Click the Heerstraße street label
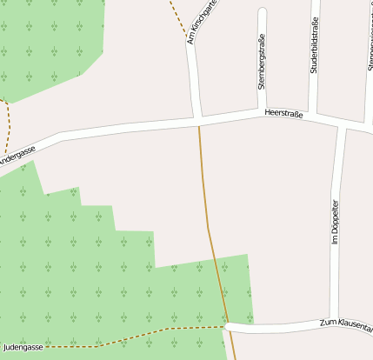tap(283, 113)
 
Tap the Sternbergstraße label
tap(261, 61)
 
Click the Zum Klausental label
tap(346, 323)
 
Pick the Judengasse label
tap(22, 346)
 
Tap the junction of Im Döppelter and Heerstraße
tap(342, 127)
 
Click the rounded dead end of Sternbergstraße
tap(263, 12)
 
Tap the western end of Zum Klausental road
tap(227, 327)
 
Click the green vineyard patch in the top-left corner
tap(43, 43)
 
